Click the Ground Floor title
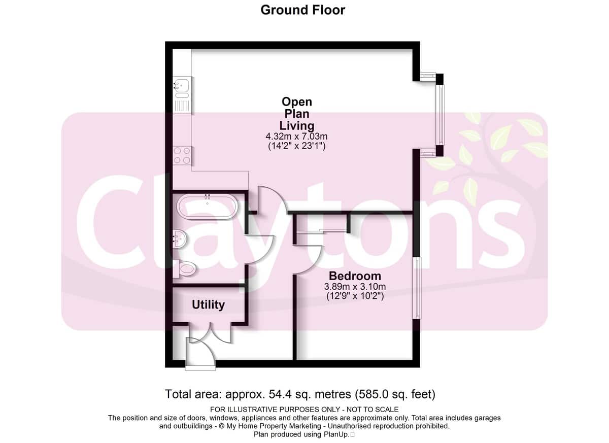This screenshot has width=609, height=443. (x=302, y=10)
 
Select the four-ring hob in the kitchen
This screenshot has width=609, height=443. (x=182, y=155)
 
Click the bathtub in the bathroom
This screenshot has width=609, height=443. (x=207, y=207)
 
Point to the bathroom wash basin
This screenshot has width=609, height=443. (x=180, y=239)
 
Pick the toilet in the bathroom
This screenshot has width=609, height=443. (x=184, y=269)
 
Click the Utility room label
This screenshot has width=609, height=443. (x=208, y=304)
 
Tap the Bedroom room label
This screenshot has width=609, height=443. (x=355, y=276)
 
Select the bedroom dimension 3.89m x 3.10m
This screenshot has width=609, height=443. (x=355, y=287)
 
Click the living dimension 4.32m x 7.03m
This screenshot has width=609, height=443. (x=296, y=136)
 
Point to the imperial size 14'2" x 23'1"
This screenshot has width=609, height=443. (x=296, y=146)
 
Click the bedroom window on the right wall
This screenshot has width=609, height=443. (x=417, y=288)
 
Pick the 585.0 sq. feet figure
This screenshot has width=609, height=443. (x=395, y=394)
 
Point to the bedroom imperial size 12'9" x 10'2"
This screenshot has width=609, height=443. (x=355, y=296)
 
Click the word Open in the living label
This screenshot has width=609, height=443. (x=296, y=102)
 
